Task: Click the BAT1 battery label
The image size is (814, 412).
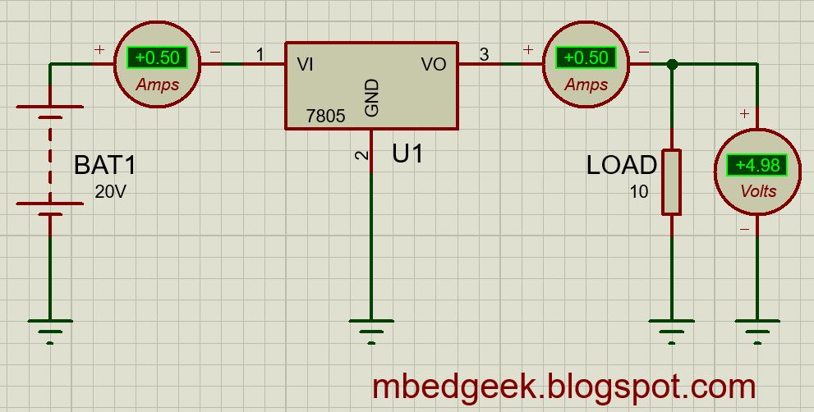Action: click(x=104, y=165)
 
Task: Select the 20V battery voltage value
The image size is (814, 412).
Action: click(x=111, y=193)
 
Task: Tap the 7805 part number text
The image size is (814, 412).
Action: click(x=325, y=117)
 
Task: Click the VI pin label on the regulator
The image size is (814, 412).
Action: click(x=306, y=64)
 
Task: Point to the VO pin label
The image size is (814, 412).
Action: click(x=434, y=64)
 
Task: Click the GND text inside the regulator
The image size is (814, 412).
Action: click(x=372, y=98)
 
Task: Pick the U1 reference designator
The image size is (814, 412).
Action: click(x=408, y=153)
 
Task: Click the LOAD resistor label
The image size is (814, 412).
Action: click(x=622, y=165)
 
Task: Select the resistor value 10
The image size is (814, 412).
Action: click(x=639, y=193)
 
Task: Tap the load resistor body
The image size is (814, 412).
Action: click(x=672, y=181)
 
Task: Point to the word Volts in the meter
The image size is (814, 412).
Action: click(x=757, y=191)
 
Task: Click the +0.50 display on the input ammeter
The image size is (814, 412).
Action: click(x=158, y=58)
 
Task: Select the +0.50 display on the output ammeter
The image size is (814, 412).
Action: click(x=586, y=58)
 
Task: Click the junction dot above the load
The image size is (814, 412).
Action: click(x=672, y=64)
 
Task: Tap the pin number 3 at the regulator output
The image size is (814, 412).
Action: click(x=484, y=55)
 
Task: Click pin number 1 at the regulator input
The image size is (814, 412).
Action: click(x=260, y=55)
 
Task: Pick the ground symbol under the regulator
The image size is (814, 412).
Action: click(x=372, y=328)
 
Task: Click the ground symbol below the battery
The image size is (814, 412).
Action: click(x=50, y=328)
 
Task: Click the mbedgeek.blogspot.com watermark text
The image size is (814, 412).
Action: click(x=563, y=386)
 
